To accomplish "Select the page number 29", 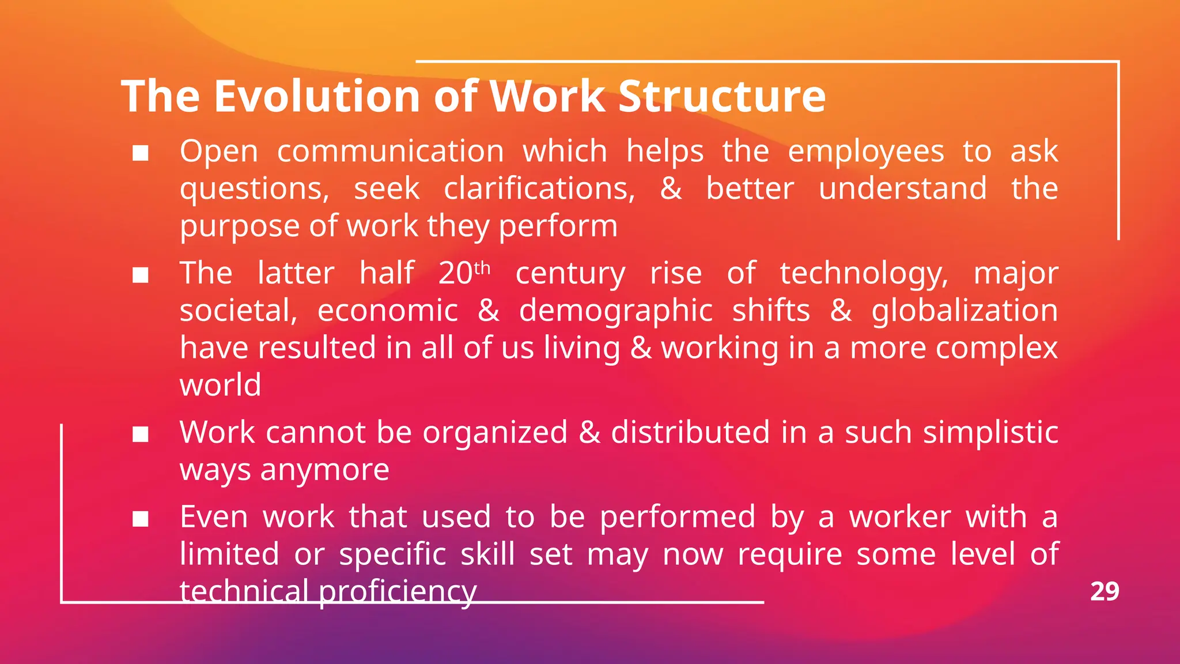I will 1105,591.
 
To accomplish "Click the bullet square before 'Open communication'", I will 141,153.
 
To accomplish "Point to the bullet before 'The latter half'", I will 141,275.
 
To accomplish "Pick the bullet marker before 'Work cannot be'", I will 141,435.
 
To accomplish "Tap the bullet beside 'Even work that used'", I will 141,519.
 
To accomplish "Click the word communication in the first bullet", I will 391,152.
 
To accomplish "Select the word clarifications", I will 539,189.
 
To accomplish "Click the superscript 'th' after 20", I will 482,268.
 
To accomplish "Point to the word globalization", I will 965,311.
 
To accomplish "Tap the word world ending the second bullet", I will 220,385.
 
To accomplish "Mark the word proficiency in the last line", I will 398,591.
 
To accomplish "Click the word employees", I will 866,153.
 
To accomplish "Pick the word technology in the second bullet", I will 864,274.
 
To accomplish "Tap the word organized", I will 495,433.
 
